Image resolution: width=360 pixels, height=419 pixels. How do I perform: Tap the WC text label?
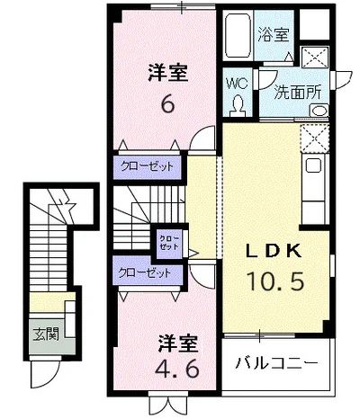pyautogui.click(x=236, y=83)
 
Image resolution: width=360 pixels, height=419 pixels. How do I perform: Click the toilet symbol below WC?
pyautogui.click(x=238, y=105)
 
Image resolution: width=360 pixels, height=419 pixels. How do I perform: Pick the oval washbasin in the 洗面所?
pyautogui.click(x=319, y=111)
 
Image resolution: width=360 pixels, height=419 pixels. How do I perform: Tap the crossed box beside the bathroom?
pyautogui.click(x=317, y=56)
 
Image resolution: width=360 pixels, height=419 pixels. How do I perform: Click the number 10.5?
pyautogui.click(x=279, y=281)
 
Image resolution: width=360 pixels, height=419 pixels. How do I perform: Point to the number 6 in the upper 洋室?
pyautogui.click(x=167, y=104)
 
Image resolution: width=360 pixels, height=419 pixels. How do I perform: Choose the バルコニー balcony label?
pyautogui.click(x=276, y=363)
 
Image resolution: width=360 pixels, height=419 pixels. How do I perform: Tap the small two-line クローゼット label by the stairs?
pyautogui.click(x=168, y=240)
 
